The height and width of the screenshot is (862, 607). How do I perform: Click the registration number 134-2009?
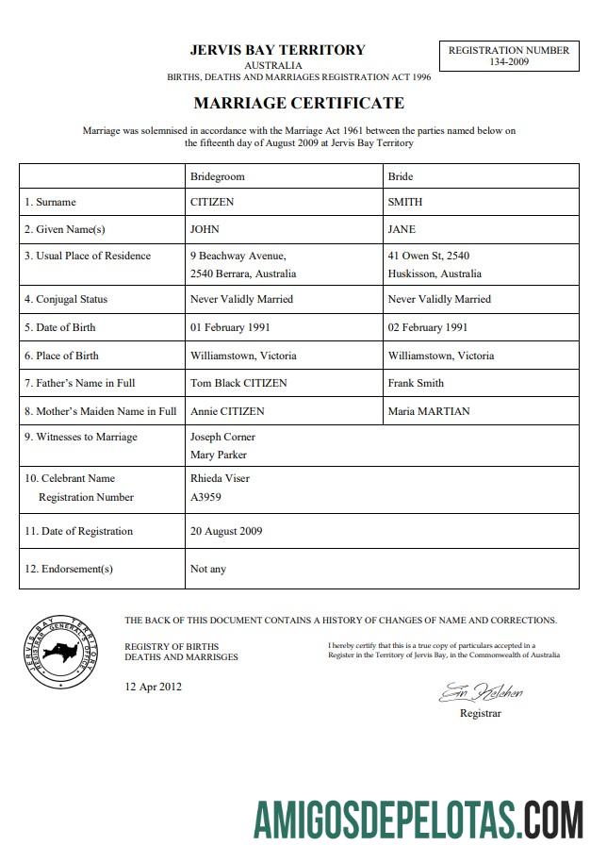click(508, 62)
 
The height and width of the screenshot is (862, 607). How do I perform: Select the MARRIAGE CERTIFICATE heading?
click(299, 103)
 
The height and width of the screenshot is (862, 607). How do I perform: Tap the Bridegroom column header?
click(217, 176)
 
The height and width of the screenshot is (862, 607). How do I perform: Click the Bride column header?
click(401, 176)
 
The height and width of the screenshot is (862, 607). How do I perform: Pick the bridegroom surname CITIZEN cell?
click(212, 202)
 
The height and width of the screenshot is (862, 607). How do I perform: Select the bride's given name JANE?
click(402, 229)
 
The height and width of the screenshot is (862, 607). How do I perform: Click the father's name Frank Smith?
click(416, 383)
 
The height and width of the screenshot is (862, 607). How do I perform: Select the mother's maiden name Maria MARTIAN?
click(428, 411)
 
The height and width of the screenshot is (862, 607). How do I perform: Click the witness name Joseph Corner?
click(222, 437)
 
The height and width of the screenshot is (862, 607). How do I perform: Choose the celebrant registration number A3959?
click(206, 497)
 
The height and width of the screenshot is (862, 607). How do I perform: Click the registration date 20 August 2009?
click(226, 531)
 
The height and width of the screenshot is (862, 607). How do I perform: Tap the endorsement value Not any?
click(208, 569)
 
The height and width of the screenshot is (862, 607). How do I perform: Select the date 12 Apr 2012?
click(153, 687)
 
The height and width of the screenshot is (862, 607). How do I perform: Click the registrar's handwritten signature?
click(480, 693)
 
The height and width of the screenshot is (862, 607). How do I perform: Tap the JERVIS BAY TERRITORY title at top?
click(277, 50)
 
